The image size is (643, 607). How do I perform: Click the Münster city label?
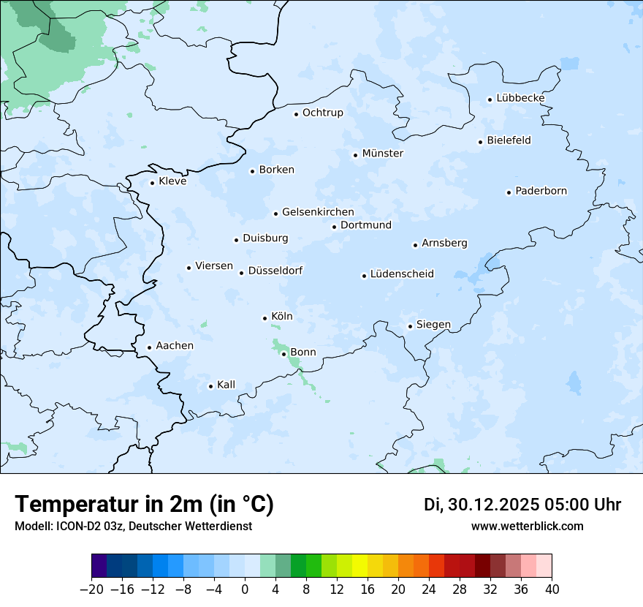[383, 154]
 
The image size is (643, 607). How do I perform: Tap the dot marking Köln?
[265, 318]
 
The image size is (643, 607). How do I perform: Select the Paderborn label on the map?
[541, 192]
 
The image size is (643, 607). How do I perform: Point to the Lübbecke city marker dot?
[490, 99]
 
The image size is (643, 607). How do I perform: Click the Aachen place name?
[175, 346]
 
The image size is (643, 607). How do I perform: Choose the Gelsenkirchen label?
[318, 212]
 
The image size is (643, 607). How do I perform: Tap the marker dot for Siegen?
[410, 327]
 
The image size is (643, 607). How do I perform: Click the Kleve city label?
[172, 181]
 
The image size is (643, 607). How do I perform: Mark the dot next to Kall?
[210, 386]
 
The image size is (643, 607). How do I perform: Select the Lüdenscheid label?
[402, 274]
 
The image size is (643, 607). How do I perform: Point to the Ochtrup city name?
[323, 113]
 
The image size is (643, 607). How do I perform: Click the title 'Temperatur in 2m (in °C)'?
[144, 504]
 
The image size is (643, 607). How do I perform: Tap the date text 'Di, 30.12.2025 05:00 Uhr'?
[522, 505]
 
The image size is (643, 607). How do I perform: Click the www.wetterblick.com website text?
[527, 526]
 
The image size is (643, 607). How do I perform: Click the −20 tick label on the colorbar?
[91, 589]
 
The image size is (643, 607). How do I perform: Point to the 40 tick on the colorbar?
[552, 589]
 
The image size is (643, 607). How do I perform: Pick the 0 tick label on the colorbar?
[245, 589]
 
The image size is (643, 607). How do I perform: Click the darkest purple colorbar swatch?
[99, 566]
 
